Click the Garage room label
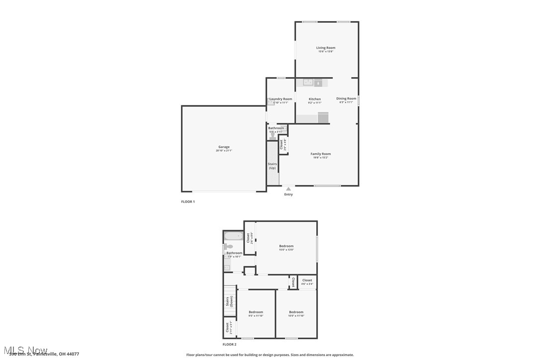[x=224, y=147]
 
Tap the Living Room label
[x=326, y=48]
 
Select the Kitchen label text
[x=315, y=99]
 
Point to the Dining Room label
[x=346, y=98]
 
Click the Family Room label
[x=321, y=154]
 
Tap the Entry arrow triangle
[x=288, y=189]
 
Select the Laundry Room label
[x=281, y=99]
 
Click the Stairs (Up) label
[x=272, y=166]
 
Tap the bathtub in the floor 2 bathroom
[x=233, y=236]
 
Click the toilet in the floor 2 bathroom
[x=228, y=246]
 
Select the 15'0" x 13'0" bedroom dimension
[x=286, y=250]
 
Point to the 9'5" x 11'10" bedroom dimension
[x=256, y=316]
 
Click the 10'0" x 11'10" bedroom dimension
[x=296, y=316]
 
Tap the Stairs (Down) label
[x=229, y=302]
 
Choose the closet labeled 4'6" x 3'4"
[x=307, y=282]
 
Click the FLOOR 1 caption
[x=188, y=202]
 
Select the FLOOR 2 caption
[x=229, y=344]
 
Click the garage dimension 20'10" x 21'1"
[x=224, y=151]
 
